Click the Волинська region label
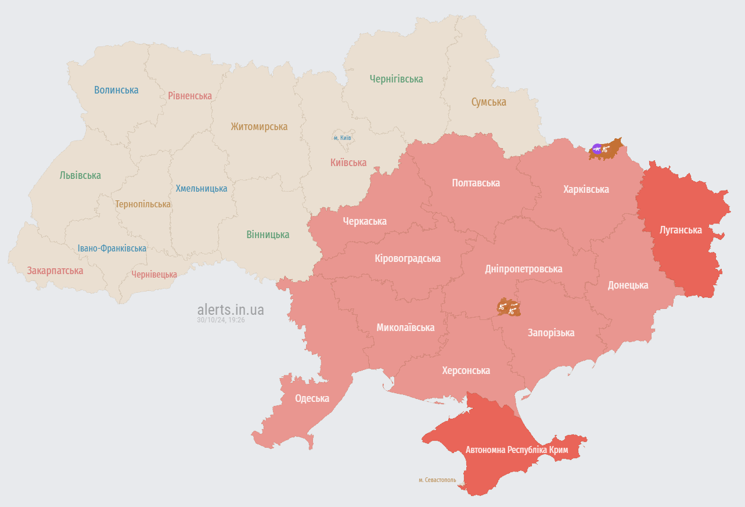pos(116,90)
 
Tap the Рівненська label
pos(190,95)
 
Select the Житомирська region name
pos(259,127)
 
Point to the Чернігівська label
pos(396,79)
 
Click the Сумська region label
pos(488,102)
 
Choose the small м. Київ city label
pos(342,138)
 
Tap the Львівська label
pos(80,175)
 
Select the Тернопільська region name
pos(143,204)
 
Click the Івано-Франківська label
pos(112,249)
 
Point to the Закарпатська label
pos(55,271)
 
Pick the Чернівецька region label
pos(154,274)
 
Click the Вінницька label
pos(268,235)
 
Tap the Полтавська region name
pos(476,183)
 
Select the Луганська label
pos(681,230)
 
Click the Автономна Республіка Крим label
pos(516,450)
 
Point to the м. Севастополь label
pos(437,480)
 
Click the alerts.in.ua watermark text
pos(231,310)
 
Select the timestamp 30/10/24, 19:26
pos(221,320)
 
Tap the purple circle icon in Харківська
pos(596,148)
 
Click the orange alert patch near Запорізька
pos(509,307)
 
